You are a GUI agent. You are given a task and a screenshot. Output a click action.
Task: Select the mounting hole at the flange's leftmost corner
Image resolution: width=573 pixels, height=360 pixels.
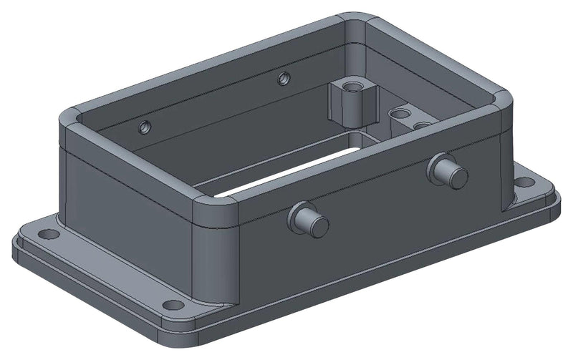click(x=48, y=234)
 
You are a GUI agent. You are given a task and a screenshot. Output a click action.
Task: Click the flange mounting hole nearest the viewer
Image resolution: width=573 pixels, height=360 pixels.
click(x=173, y=305)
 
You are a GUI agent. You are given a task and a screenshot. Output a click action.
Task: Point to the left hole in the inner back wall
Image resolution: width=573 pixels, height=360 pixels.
click(x=145, y=127)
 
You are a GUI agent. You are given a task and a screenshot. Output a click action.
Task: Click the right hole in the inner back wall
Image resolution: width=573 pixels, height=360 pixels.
click(x=284, y=77)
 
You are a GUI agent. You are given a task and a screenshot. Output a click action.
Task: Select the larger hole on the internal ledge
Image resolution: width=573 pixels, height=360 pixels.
click(x=398, y=113)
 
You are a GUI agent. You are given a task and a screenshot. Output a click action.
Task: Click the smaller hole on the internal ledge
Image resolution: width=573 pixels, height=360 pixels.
click(x=423, y=125)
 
